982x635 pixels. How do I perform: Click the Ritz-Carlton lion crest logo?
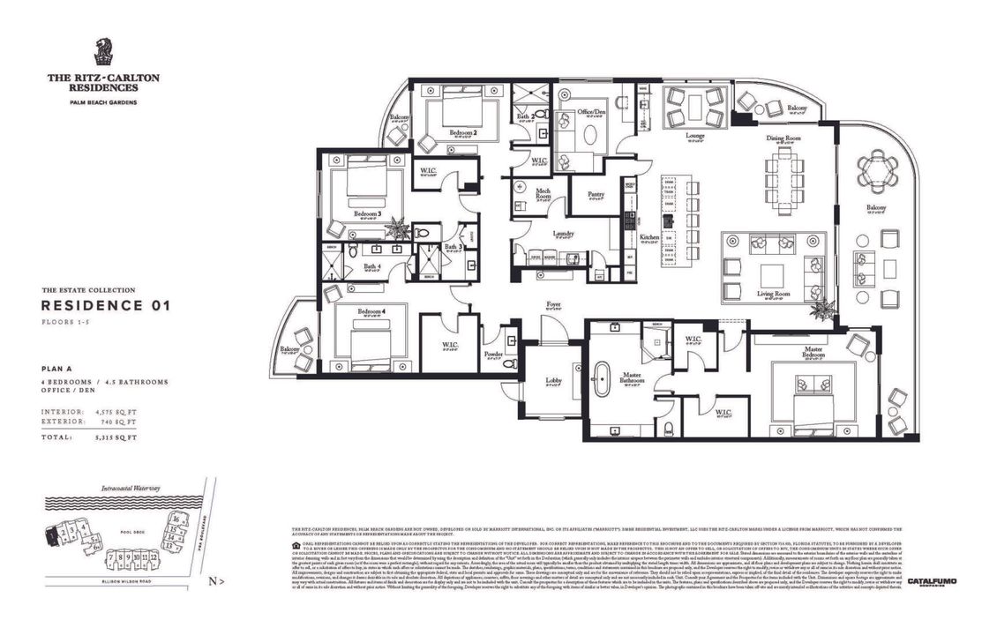point(103,52)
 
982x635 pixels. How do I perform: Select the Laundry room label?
point(564,234)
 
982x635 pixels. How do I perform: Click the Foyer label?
point(553,305)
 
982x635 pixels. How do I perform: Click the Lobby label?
point(553,381)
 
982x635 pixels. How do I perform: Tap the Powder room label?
point(494,355)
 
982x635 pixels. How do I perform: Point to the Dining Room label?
point(782,138)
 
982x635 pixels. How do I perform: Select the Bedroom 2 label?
point(462,132)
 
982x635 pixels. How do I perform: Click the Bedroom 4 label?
point(370,311)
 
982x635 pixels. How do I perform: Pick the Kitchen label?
point(648,237)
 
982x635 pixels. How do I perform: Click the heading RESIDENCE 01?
point(105,306)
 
